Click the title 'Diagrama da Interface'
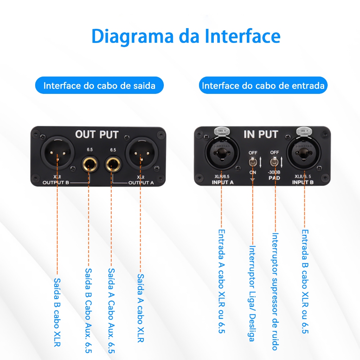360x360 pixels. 186,37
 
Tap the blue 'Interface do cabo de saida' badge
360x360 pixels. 99,85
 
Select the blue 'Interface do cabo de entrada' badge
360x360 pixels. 263,85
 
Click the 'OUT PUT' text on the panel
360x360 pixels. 97,135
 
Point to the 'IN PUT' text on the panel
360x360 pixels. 261,134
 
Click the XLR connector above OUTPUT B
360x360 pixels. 57,153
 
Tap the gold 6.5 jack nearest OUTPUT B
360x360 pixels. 90,164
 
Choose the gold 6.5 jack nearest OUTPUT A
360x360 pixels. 113,164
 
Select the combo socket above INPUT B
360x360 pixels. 303,153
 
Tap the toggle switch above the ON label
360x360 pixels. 252,162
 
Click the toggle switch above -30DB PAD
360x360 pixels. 274,162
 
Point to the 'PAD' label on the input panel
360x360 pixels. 274,178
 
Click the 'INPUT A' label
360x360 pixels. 223,182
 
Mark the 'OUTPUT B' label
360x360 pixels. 56,182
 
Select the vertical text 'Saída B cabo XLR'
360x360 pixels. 57,312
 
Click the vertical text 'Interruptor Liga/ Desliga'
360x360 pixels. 252,294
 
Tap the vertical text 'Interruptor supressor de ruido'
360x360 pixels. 275,291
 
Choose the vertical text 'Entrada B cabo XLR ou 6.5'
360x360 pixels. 305,281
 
